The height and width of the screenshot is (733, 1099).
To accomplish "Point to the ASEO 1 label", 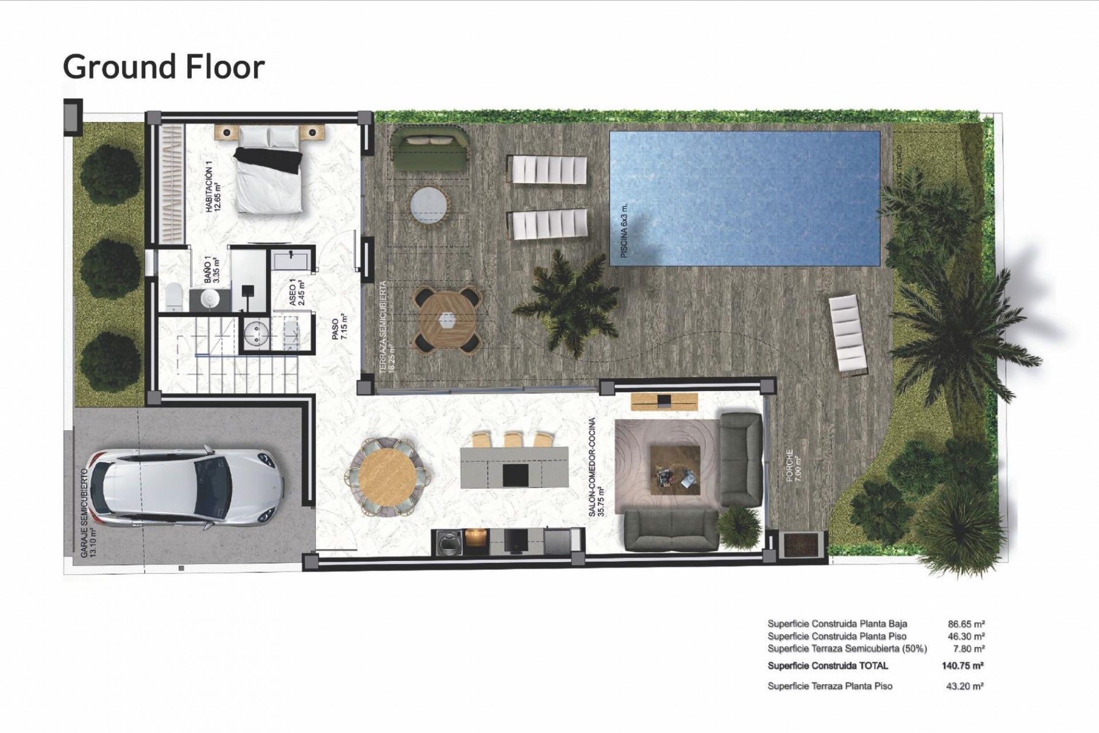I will click(297, 292).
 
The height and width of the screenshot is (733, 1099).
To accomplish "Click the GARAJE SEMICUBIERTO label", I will click(87, 513).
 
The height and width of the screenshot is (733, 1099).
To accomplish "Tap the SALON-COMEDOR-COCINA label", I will click(596, 467).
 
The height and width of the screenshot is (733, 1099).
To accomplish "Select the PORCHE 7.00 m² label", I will click(793, 465).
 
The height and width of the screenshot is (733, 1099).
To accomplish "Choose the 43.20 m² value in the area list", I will click(964, 686).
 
